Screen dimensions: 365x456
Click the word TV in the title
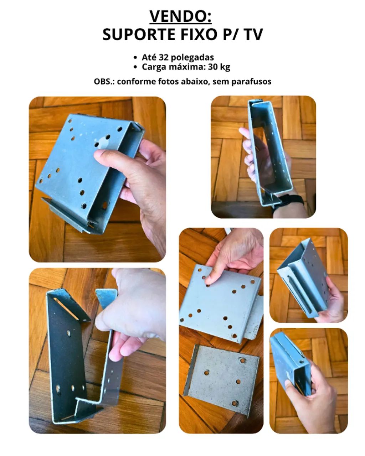pos(254,34)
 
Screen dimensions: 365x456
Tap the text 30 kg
pos(219,67)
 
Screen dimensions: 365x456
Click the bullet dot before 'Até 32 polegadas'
pos(135,57)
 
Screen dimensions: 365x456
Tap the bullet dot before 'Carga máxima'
pos(135,67)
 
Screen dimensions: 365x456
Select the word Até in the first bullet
pos(149,57)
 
